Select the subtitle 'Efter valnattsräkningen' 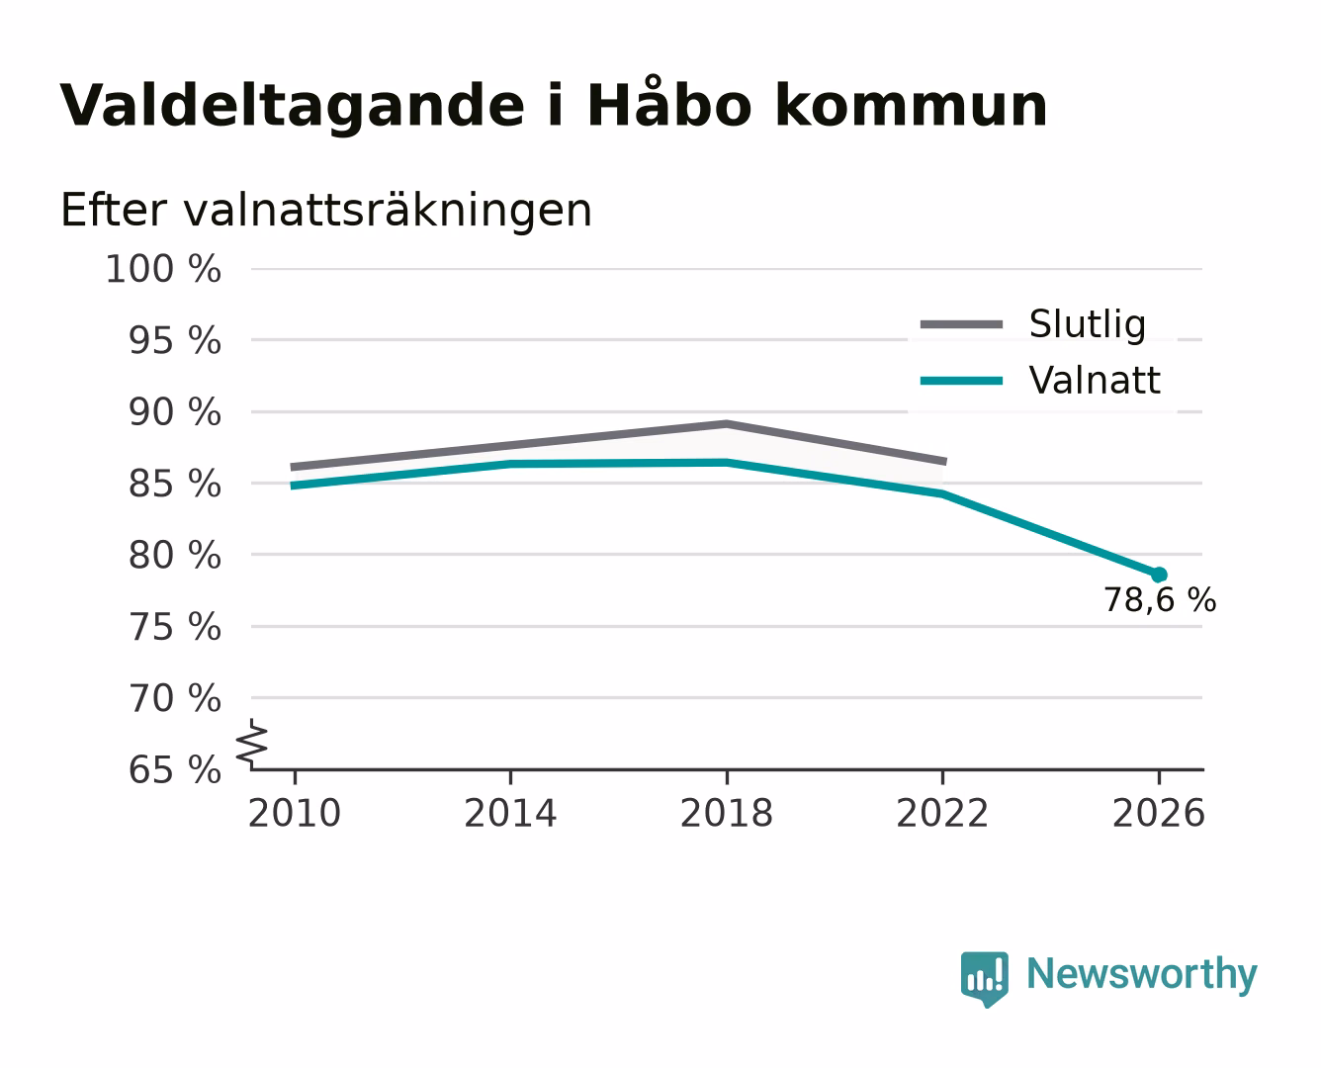(x=326, y=211)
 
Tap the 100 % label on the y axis (x=163, y=270)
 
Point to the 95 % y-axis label (x=174, y=340)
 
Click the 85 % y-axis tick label (x=174, y=484)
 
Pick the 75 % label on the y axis (x=174, y=627)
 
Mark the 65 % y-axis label (x=174, y=770)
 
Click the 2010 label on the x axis (x=295, y=814)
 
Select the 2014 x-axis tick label (x=510, y=814)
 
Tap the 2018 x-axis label (x=727, y=814)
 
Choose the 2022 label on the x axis (x=942, y=814)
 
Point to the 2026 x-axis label (x=1159, y=814)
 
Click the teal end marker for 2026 (x=1159, y=575)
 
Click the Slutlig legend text (x=1088, y=324)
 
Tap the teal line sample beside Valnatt (x=961, y=381)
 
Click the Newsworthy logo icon (x=985, y=979)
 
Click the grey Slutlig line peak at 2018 (x=726, y=424)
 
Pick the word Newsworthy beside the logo (x=1142, y=975)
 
